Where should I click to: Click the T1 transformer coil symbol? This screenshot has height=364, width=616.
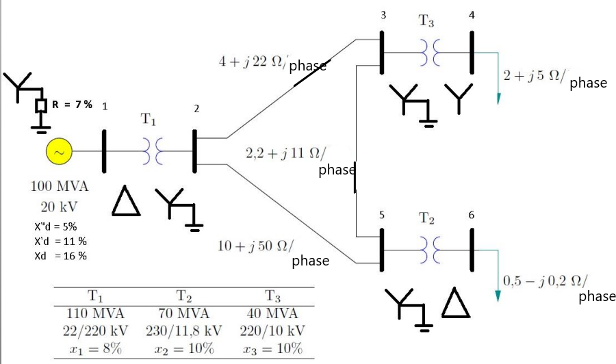pos(149,152)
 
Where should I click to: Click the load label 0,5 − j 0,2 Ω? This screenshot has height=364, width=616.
pos(545,281)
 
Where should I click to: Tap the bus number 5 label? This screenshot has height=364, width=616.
pos(381,215)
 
